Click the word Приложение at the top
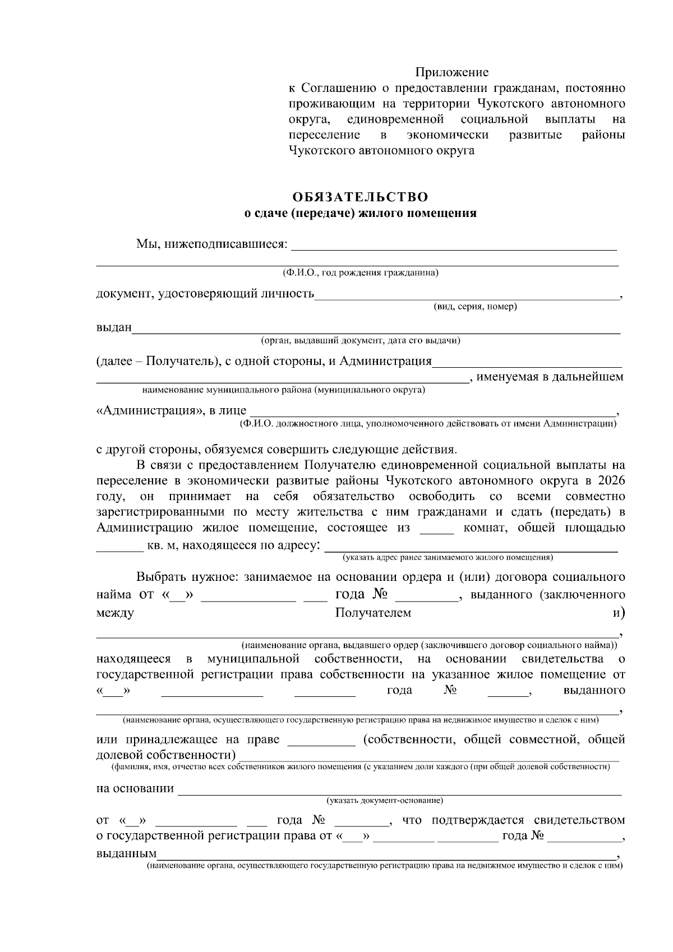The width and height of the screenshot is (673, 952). (451, 72)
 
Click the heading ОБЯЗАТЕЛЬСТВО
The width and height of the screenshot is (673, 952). (360, 197)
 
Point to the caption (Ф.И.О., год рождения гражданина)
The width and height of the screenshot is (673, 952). (360, 273)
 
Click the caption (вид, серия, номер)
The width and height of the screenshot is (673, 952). (475, 307)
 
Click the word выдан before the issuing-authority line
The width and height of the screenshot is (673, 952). (114, 327)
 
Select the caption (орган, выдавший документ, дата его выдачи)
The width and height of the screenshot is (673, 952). (360, 340)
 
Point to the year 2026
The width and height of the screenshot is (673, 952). (611, 480)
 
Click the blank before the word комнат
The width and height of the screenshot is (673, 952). (436, 529)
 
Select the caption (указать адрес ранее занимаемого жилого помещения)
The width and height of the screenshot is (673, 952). (448, 558)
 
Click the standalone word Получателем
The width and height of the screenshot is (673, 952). (373, 613)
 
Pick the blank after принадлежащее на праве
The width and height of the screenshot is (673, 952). (321, 741)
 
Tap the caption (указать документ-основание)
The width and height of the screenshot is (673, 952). (385, 800)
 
